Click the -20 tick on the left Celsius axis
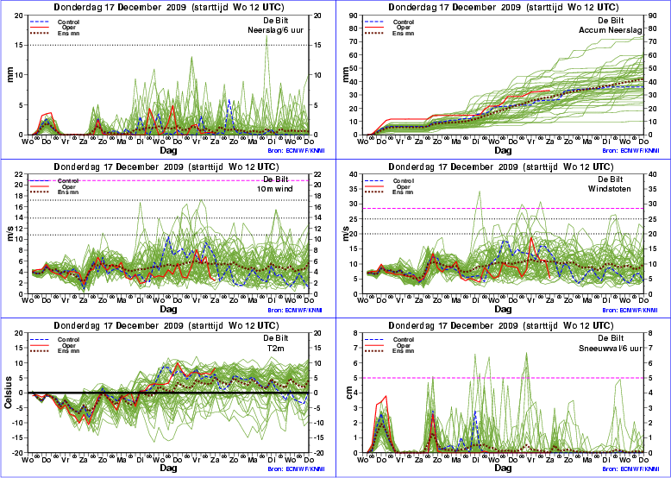(x=20, y=453)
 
